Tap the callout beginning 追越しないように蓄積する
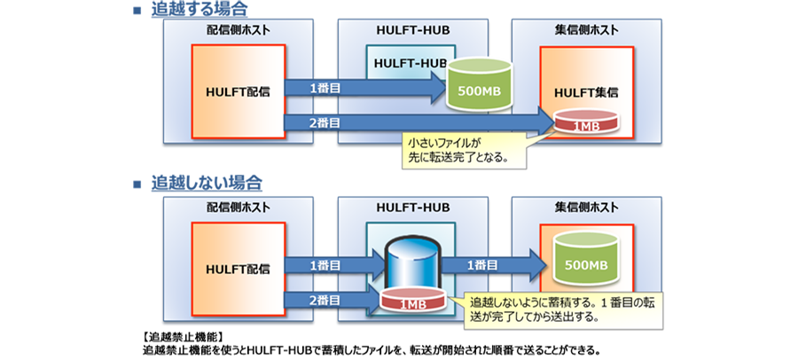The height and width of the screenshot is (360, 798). (539, 306)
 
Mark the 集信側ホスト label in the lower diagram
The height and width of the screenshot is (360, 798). (586, 207)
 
